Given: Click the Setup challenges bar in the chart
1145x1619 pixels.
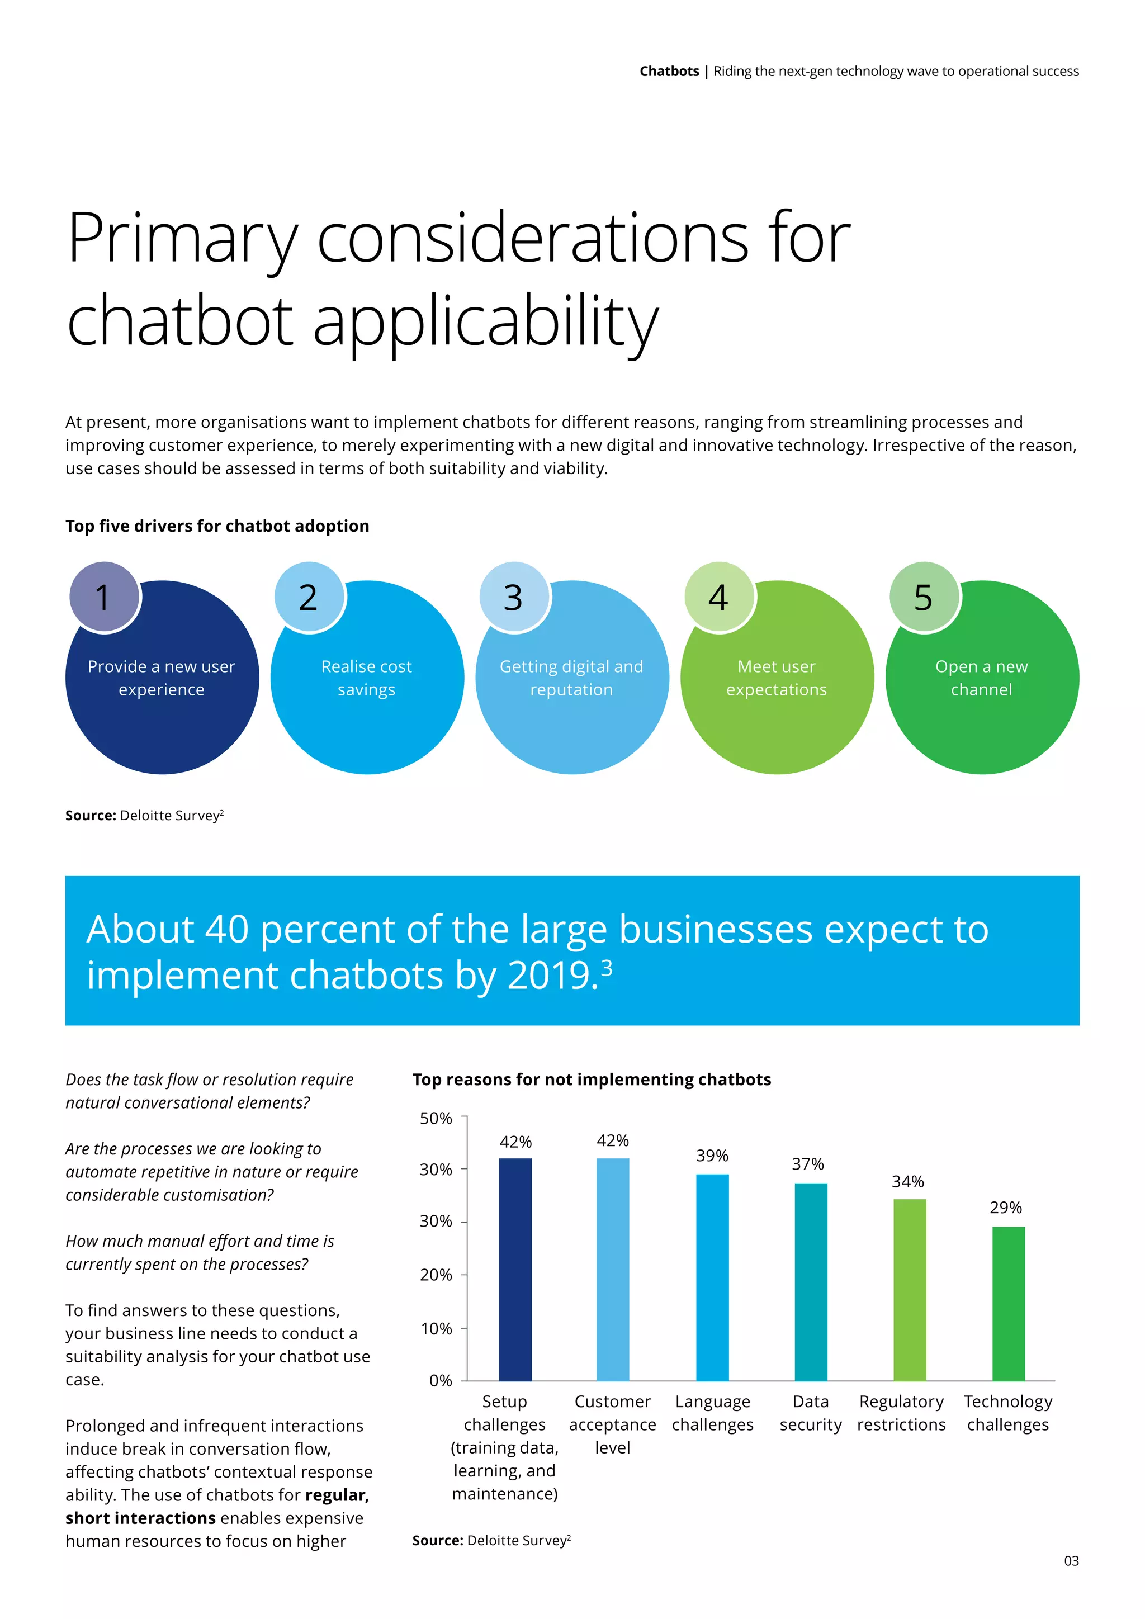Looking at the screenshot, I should [x=515, y=1268].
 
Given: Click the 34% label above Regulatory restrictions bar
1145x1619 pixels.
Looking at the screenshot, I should [x=907, y=1181].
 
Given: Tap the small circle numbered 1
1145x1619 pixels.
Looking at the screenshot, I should [x=103, y=597].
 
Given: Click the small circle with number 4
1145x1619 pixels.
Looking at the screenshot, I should [x=718, y=597].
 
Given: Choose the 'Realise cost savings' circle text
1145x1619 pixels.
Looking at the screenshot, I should [x=367, y=678].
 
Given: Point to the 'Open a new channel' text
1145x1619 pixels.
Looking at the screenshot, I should [x=981, y=678].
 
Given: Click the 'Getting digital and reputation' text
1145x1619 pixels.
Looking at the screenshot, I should [x=571, y=678].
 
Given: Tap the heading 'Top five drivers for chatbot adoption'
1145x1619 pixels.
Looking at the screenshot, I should [x=217, y=526].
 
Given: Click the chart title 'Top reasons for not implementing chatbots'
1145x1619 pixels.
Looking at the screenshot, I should [x=592, y=1080].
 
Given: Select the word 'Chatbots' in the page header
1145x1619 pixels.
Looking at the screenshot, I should [x=669, y=71].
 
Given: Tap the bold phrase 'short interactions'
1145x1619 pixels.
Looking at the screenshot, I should [x=140, y=1518].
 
